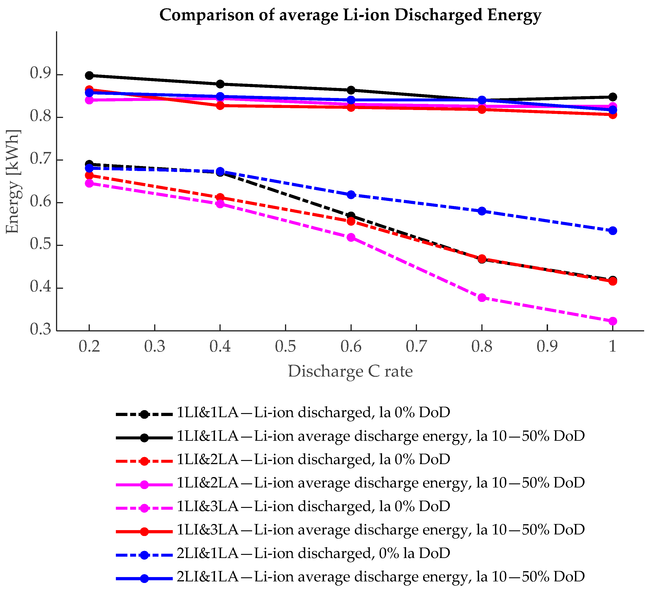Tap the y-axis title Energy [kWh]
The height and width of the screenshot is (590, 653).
click(13, 181)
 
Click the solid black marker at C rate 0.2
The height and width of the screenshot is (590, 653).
click(89, 76)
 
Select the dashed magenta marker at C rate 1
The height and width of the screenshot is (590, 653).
click(612, 321)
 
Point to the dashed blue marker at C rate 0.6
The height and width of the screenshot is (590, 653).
click(351, 195)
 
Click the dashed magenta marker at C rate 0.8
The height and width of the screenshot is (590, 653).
click(482, 297)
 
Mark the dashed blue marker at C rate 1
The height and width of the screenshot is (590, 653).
click(612, 231)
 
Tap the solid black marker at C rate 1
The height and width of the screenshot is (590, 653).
click(612, 97)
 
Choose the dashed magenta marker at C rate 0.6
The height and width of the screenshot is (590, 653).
click(351, 237)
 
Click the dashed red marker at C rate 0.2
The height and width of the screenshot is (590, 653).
click(89, 176)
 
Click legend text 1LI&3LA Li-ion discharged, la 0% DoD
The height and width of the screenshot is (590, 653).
click(313, 506)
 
